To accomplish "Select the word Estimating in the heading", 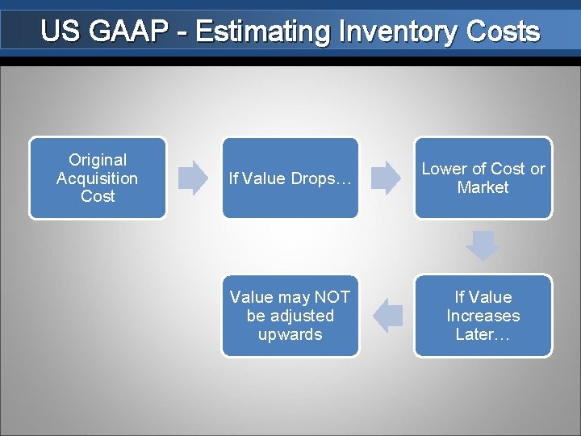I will (261, 32).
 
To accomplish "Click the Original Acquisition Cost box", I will (98, 178).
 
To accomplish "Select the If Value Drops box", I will (290, 178).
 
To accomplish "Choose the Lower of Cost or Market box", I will (483, 178).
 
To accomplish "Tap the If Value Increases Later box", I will (483, 316).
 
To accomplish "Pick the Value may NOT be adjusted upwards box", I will (290, 316).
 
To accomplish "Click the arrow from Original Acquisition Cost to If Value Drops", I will (193, 178).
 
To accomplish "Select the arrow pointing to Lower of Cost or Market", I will (386, 178).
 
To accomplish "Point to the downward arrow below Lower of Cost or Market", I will (483, 245).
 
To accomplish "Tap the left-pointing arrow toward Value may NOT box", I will (389, 316).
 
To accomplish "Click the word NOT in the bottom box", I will (332, 297).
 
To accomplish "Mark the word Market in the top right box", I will (483, 187).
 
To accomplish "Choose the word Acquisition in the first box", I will (98, 178).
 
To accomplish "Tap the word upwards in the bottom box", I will (290, 334).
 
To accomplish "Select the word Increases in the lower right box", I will (483, 316).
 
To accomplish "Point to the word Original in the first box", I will (98, 160).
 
